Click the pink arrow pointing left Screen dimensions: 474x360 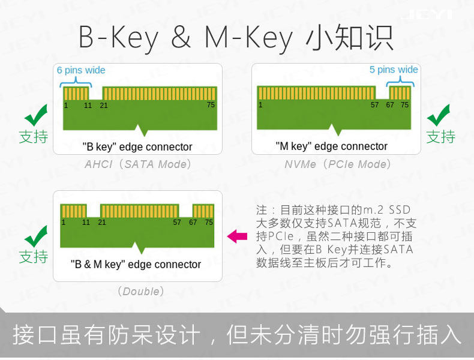click(x=237, y=236)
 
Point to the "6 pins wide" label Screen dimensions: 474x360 click(x=81, y=70)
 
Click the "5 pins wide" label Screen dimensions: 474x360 click(x=394, y=70)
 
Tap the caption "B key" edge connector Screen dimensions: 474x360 click(x=137, y=147)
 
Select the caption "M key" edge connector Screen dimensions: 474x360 click(x=332, y=146)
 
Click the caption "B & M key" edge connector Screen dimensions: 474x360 click(x=136, y=265)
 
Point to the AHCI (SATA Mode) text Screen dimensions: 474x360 click(x=138, y=164)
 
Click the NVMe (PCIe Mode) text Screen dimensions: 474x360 click(x=337, y=164)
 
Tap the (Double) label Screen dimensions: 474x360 click(x=141, y=292)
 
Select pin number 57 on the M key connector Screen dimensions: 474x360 click(x=374, y=105)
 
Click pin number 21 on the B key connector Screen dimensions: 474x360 click(x=104, y=106)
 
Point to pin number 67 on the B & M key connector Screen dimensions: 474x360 click(x=193, y=223)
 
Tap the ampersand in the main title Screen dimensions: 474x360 click(x=181, y=37)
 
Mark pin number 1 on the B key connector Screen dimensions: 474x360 click(x=66, y=106)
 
